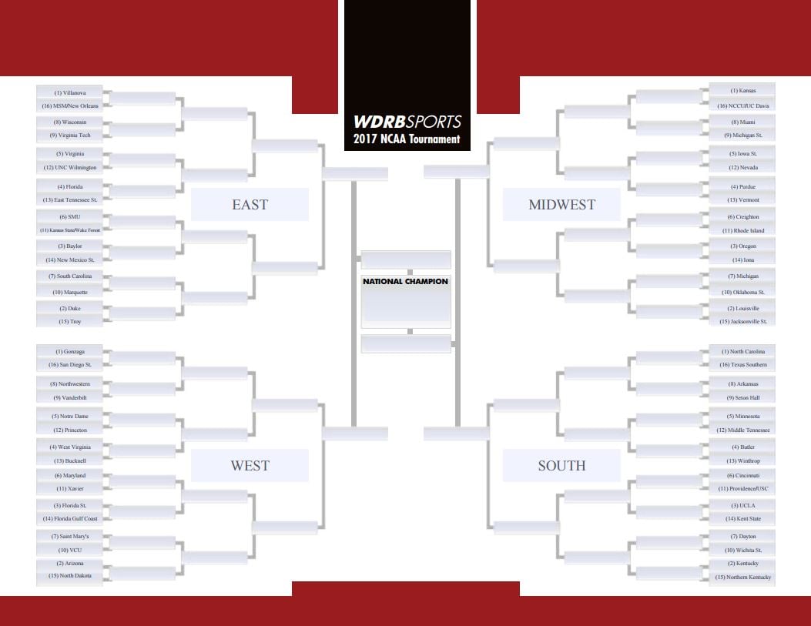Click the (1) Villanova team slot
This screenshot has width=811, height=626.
[x=70, y=92]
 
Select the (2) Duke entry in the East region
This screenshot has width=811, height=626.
[x=70, y=308]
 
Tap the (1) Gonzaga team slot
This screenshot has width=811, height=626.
[x=70, y=352]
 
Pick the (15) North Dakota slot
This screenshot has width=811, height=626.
[x=70, y=575]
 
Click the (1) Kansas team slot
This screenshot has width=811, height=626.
[x=742, y=90]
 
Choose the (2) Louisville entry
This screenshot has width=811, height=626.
[x=742, y=308]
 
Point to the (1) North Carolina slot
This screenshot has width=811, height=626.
[x=742, y=352]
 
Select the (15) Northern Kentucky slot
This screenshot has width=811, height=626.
[x=742, y=577]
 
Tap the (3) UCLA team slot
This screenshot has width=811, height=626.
[x=742, y=506]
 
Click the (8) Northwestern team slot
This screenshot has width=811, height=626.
[x=70, y=384]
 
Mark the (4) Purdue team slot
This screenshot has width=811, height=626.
[x=742, y=186]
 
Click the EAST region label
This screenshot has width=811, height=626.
[x=250, y=205]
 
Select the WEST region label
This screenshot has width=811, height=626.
[x=250, y=466]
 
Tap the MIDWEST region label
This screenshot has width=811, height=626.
[x=561, y=205]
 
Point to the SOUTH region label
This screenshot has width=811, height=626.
[x=561, y=466]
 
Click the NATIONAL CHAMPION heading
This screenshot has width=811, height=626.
[x=405, y=282]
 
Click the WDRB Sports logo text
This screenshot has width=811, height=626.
[x=407, y=122]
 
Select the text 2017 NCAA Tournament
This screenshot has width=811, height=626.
[x=407, y=139]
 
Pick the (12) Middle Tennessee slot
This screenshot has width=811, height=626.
[x=742, y=430]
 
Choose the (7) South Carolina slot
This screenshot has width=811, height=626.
[x=70, y=276]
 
